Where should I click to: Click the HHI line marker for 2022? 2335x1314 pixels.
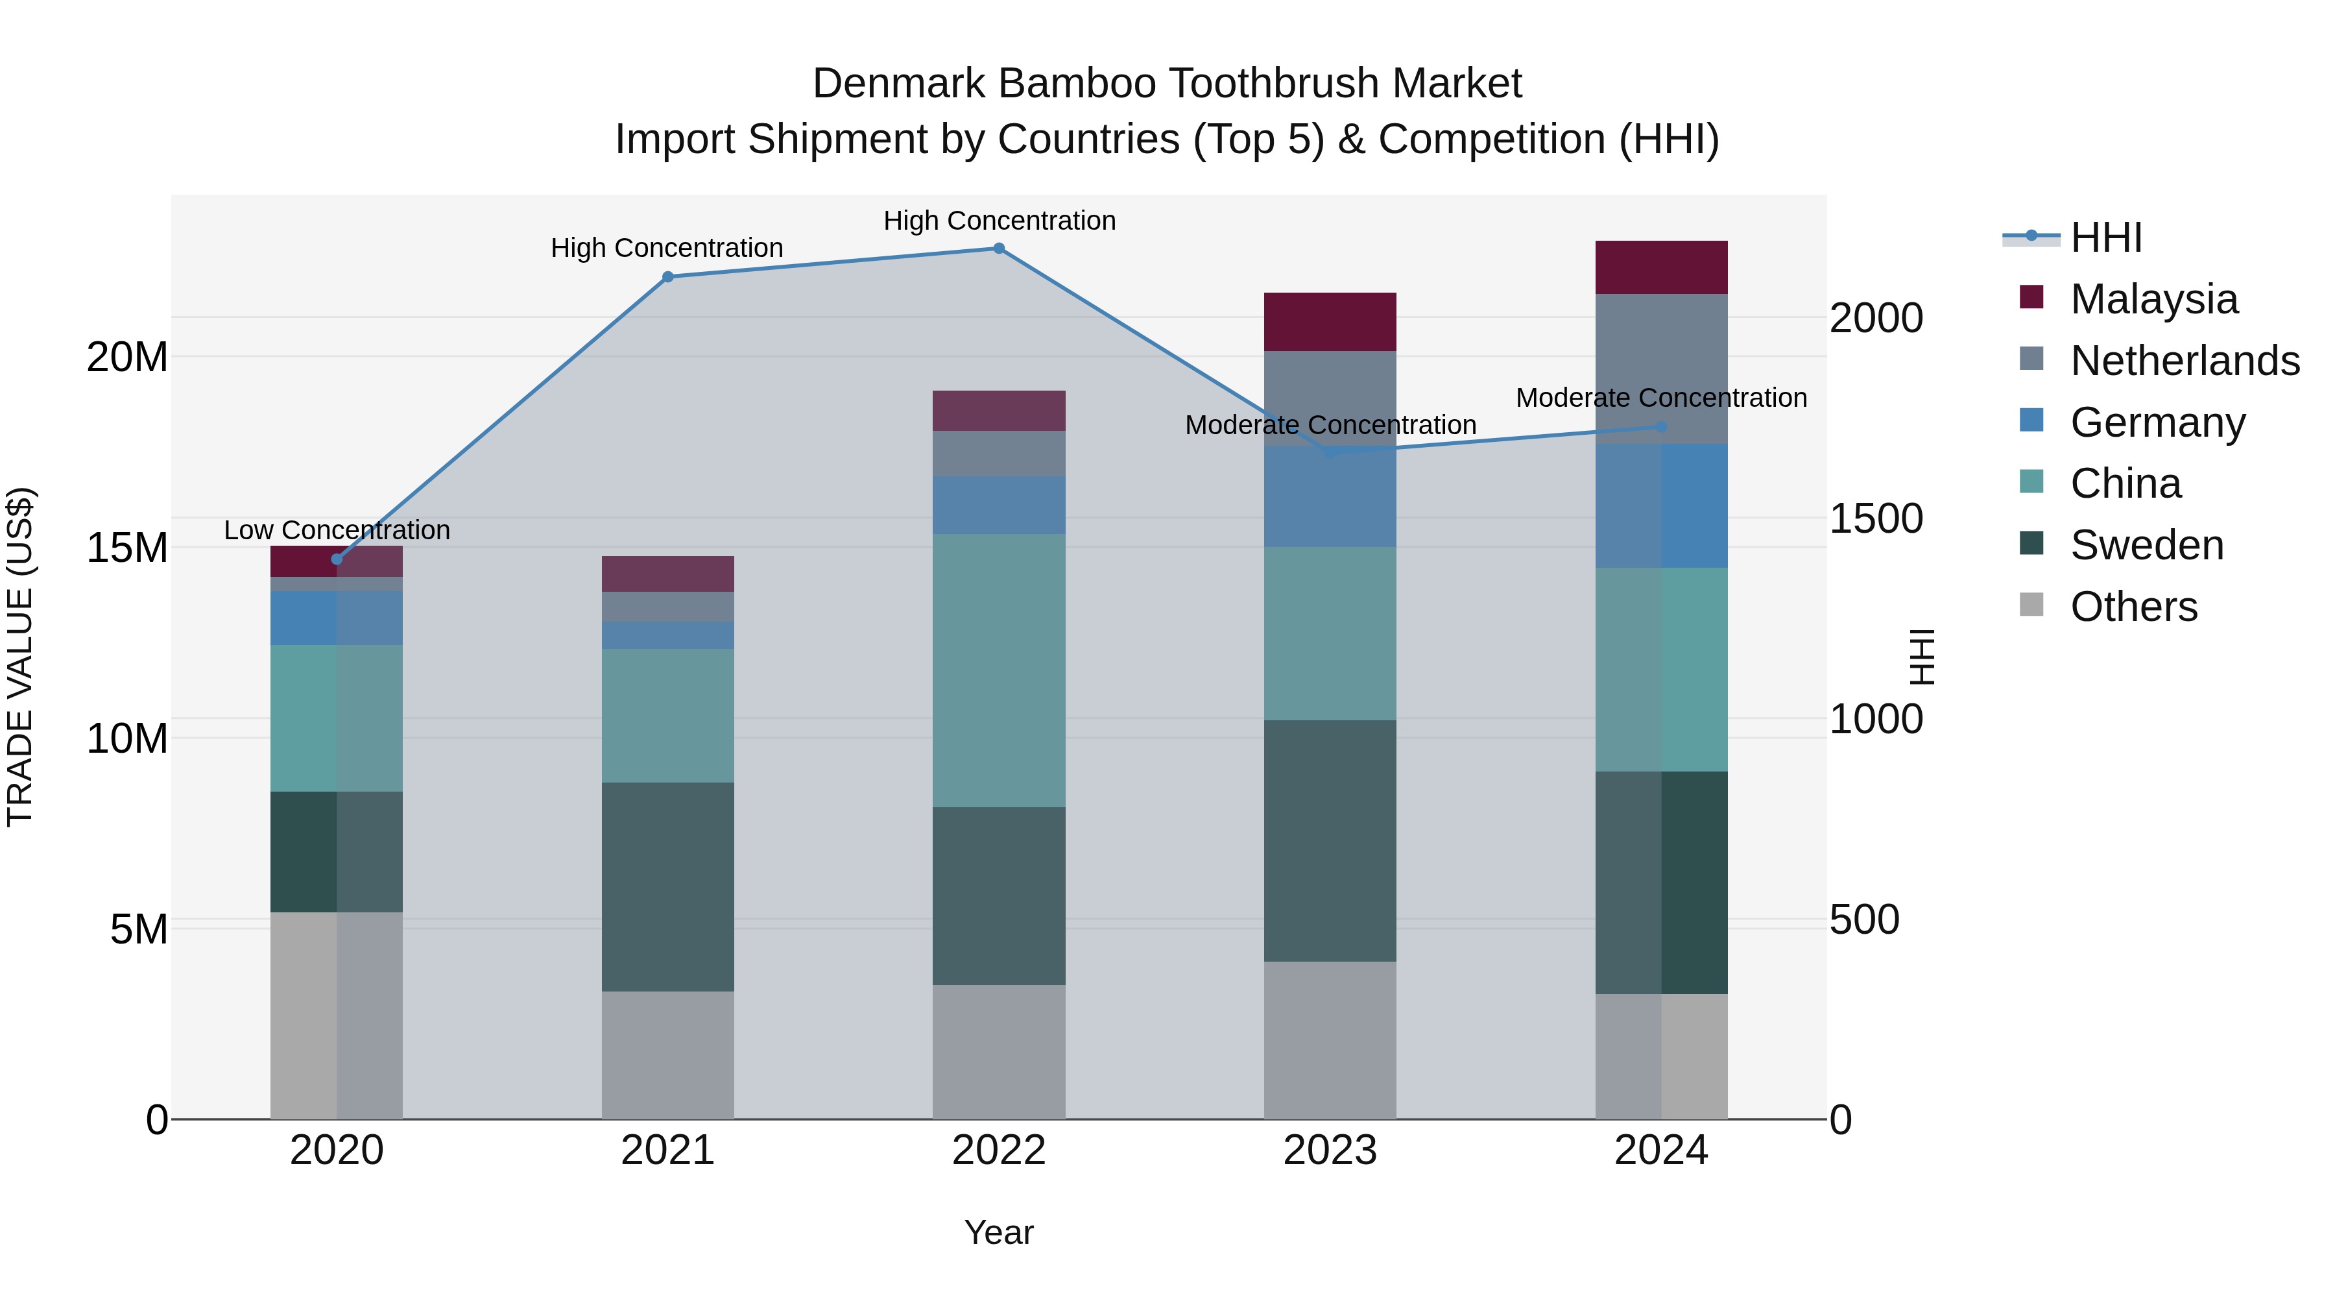pos(999,249)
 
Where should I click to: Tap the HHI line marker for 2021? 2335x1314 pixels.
pos(668,276)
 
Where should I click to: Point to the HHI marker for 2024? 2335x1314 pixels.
pos(1662,427)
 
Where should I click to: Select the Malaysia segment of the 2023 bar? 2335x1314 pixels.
pos(1330,322)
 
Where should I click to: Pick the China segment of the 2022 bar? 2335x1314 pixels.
pos(999,670)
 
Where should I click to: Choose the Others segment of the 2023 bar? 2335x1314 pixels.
pos(1330,1040)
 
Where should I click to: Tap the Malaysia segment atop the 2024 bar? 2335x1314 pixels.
pos(1662,267)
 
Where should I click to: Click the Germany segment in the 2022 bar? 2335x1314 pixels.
pos(999,505)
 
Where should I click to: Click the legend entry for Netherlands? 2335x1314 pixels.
pos(2185,361)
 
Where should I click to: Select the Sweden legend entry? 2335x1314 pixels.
pos(2146,545)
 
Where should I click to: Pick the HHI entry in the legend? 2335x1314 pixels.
pos(2105,237)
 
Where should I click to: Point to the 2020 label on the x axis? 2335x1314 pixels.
pos(337,1150)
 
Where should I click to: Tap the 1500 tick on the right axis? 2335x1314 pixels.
pos(1875,518)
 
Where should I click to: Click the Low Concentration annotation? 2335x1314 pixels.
pos(337,531)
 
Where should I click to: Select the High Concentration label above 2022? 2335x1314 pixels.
pos(999,221)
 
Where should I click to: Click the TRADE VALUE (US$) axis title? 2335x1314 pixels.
pos(20,657)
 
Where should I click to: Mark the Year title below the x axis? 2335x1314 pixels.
pos(999,1232)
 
